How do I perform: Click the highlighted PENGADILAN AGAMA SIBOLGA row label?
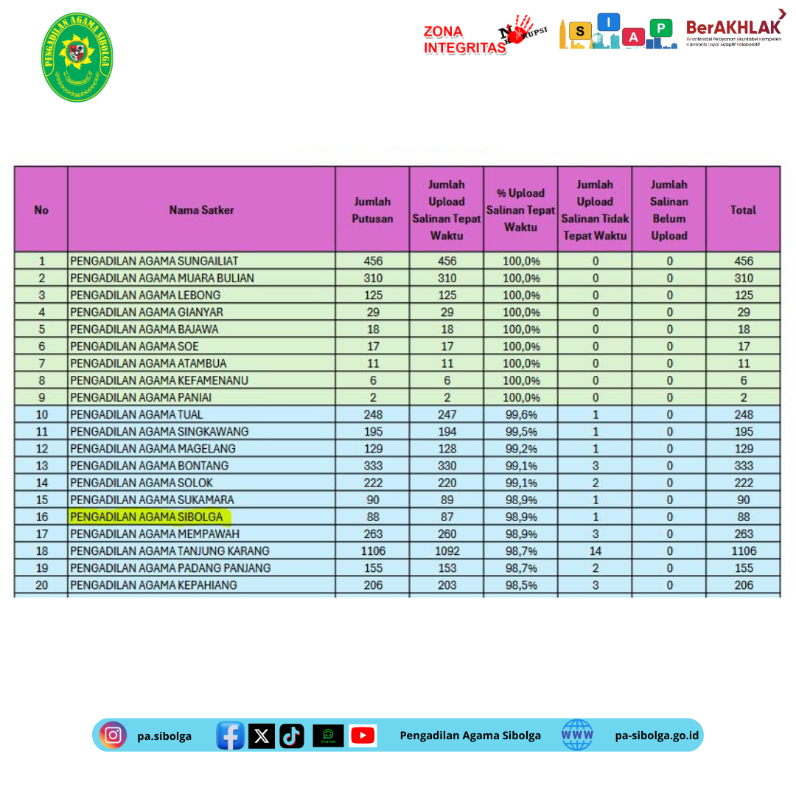147,517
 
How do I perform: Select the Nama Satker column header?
201,210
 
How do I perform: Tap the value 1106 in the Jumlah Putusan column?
372,551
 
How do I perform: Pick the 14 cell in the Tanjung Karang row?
595,551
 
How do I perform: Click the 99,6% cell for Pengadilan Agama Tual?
520,414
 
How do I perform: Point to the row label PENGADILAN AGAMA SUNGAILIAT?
154,261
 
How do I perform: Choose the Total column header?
743,210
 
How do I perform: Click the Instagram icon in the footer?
113,735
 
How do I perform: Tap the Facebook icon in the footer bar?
230,736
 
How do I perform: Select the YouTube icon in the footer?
363,736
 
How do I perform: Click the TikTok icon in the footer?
292,736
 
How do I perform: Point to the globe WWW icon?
577,735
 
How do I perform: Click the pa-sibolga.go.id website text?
658,736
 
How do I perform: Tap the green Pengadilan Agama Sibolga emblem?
77,57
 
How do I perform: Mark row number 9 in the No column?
41,397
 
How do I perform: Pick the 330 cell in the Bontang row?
447,466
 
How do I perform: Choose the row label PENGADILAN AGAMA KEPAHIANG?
153,584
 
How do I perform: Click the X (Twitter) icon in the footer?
262,736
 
